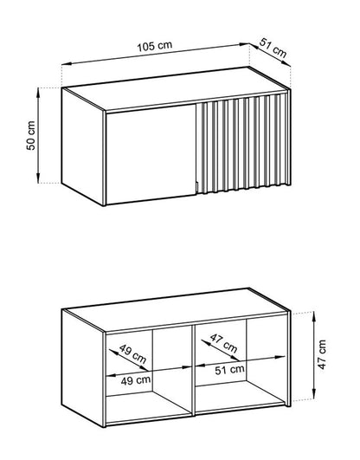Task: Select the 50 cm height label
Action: pos(30,135)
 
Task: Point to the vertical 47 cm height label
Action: pos(322,354)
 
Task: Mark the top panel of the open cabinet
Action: pos(173,320)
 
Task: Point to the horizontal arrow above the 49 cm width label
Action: pos(147,365)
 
